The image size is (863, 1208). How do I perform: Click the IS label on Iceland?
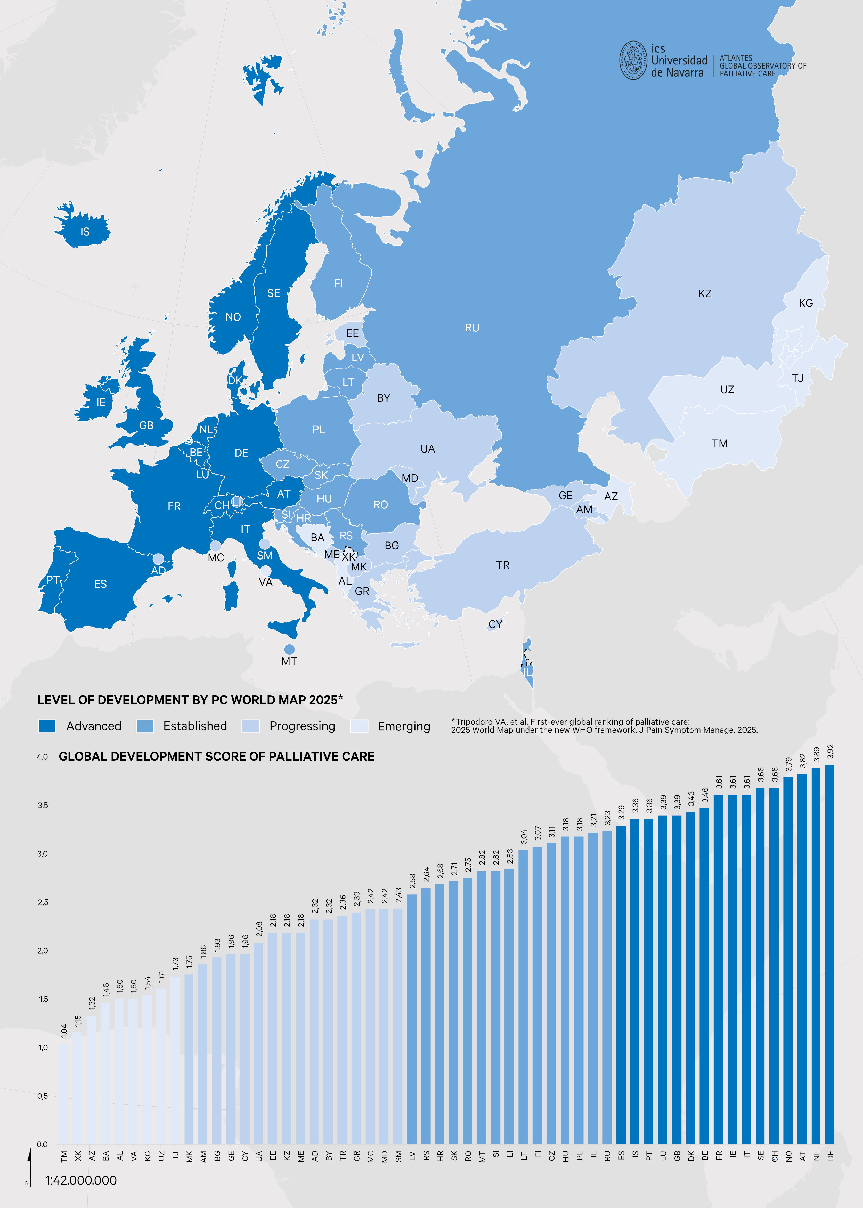(85, 232)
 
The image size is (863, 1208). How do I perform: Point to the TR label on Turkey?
(503, 565)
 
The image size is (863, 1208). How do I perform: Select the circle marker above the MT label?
(289, 649)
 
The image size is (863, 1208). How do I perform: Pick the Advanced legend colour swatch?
(47, 726)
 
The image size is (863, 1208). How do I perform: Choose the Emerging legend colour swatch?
(359, 726)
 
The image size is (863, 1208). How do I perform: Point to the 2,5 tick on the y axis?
(43, 902)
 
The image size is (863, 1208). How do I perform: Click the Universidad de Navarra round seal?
(633, 61)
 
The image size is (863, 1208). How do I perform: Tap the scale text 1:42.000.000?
(81, 1180)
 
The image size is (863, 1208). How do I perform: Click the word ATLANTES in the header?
(736, 58)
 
